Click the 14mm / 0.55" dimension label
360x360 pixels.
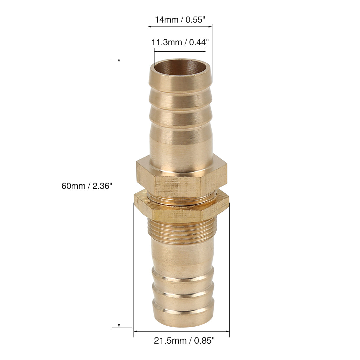180,20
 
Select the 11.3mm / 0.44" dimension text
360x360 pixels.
180,43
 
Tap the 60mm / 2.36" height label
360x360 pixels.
87,186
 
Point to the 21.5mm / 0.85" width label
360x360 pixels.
184,341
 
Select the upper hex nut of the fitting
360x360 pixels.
182,177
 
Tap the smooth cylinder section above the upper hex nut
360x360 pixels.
181,144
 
